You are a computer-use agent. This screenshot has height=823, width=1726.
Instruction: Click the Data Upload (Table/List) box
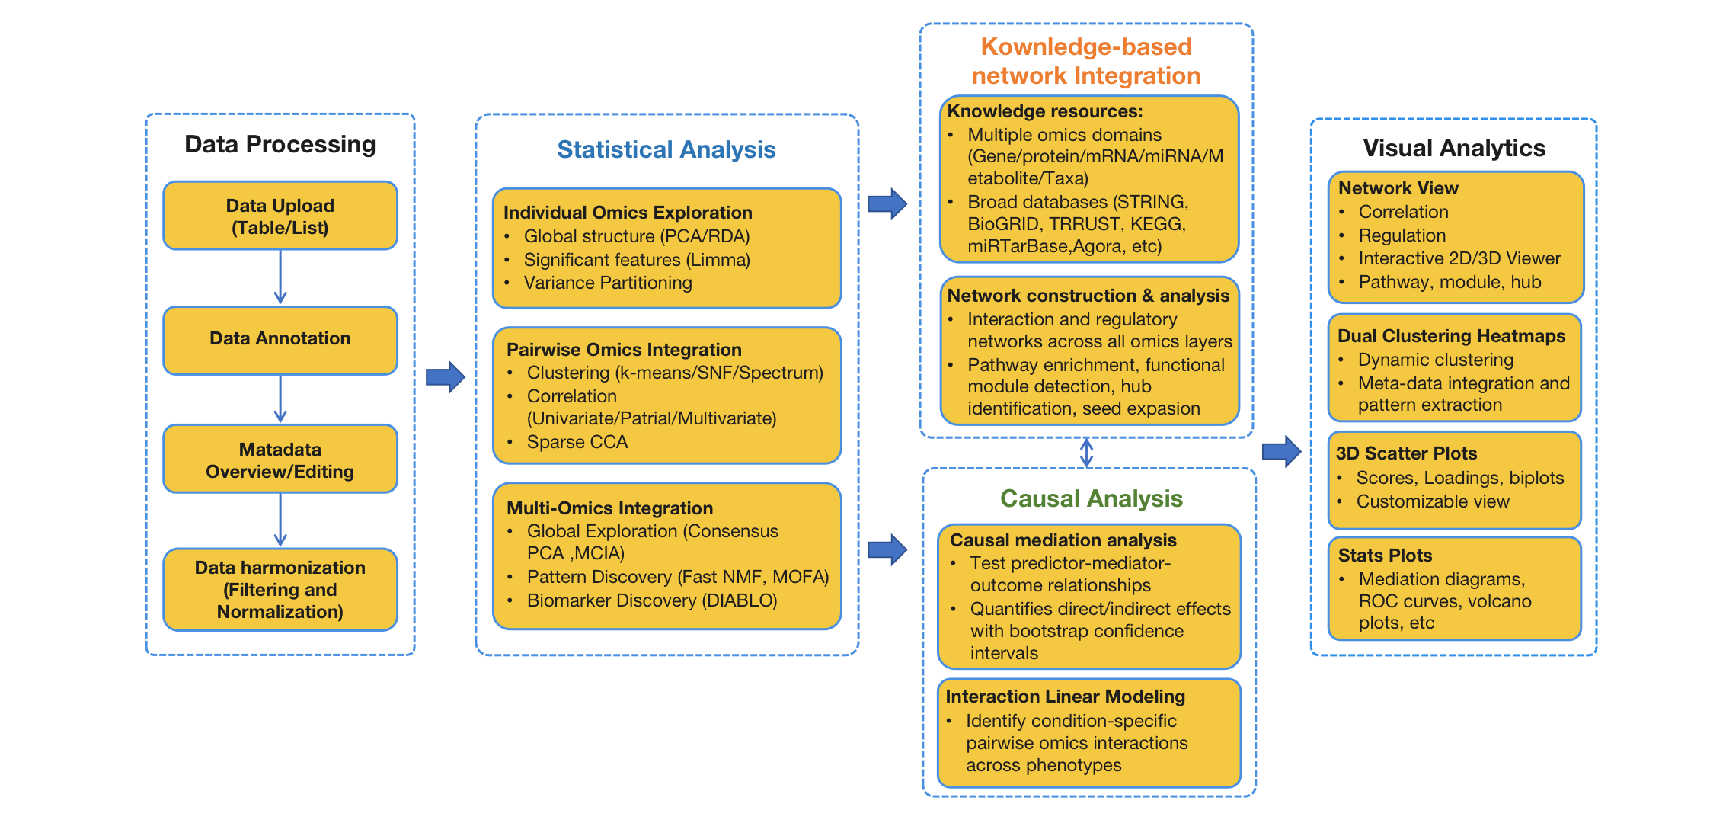point(280,216)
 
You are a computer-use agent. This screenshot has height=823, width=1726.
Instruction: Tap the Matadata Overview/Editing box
point(280,460)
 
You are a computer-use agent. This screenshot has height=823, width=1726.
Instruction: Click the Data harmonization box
point(280,589)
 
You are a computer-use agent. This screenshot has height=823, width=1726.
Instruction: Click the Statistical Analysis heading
point(666,149)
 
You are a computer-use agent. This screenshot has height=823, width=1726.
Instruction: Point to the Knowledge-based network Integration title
point(1086,61)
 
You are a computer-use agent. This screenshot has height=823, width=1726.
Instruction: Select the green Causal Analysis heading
point(1091,498)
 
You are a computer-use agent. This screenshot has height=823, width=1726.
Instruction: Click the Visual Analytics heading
point(1453,148)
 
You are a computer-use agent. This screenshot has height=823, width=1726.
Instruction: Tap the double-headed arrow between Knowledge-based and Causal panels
point(1087,453)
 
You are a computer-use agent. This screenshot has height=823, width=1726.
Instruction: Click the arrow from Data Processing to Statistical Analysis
point(446,376)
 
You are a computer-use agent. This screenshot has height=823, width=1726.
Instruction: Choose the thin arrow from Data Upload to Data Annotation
point(280,277)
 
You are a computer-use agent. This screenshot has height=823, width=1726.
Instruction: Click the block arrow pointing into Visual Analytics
point(1281,451)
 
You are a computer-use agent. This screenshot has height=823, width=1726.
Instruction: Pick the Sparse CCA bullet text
point(577,442)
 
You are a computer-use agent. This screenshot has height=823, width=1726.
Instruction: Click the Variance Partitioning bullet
point(608,283)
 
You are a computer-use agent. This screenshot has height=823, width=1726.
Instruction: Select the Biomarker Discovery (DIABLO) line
point(652,600)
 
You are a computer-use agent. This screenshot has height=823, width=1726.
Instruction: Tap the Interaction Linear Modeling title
point(1065,697)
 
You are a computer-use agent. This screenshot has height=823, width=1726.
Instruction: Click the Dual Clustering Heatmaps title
point(1451,336)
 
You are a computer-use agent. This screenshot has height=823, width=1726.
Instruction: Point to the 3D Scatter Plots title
point(1406,453)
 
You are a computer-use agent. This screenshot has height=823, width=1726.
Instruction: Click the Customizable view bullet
point(1432,501)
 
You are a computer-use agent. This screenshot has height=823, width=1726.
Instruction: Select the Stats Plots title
point(1385,556)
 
